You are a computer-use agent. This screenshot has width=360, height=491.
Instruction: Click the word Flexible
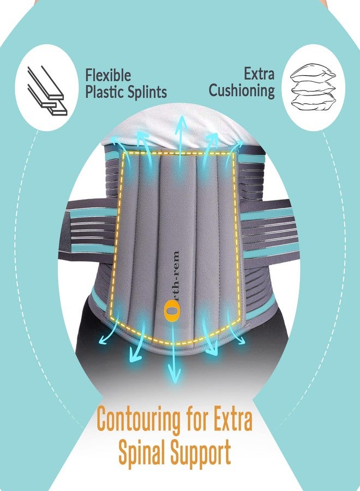pyautogui.click(x=108, y=75)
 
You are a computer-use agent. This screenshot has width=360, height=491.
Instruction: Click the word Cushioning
pyautogui.click(x=242, y=91)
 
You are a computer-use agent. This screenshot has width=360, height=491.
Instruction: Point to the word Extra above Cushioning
pyautogui.click(x=259, y=74)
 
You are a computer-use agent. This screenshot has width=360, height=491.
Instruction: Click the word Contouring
pyautogui.click(x=139, y=420)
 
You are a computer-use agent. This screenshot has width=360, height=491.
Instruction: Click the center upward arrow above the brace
pyautogui.click(x=181, y=141)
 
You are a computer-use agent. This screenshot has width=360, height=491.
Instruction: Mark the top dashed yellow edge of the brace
pyautogui.click(x=178, y=153)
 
